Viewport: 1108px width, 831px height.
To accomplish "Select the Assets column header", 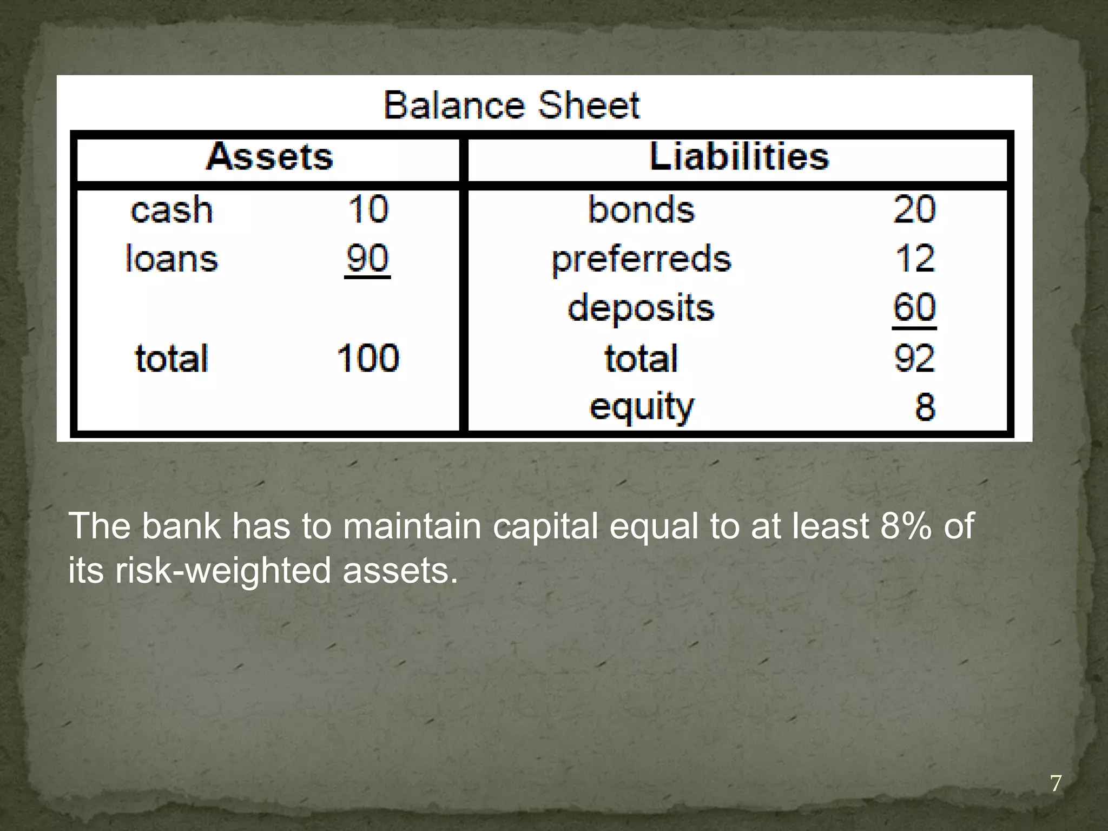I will [x=269, y=157].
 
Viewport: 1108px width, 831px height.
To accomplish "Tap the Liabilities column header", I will [x=738, y=157].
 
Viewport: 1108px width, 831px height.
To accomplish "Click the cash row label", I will [x=172, y=210].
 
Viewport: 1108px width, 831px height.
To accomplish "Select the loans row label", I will [x=172, y=259].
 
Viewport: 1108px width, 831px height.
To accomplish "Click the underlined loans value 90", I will [x=367, y=259].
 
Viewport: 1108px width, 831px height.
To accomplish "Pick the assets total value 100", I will [x=368, y=358].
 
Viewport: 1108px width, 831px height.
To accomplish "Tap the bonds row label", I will [x=641, y=209].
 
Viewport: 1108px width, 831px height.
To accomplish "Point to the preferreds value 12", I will [x=914, y=259].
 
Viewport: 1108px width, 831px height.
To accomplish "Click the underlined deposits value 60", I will [x=914, y=308].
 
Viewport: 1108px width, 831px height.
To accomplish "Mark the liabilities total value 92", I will [x=914, y=358].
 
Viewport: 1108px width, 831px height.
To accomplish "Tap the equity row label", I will [x=641, y=407].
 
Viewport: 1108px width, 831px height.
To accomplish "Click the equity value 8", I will [x=925, y=407].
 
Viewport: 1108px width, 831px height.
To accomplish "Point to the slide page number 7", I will [x=1056, y=783].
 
